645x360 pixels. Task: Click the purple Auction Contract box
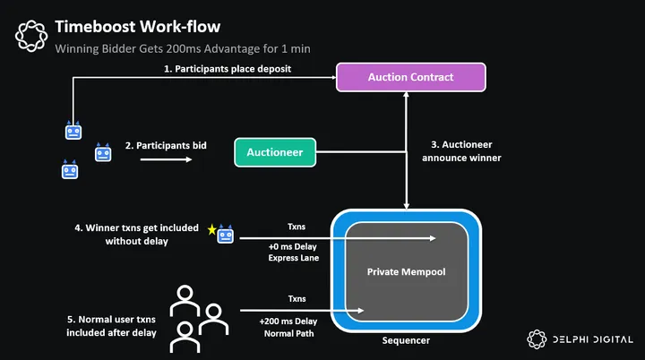(x=410, y=77)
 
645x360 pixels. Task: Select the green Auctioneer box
(x=276, y=152)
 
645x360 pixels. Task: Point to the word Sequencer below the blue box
(x=407, y=341)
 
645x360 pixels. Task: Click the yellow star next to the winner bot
(x=212, y=231)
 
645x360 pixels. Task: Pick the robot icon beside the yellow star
(x=226, y=235)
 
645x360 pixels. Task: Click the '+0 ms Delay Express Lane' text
(x=293, y=251)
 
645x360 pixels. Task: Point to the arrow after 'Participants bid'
(x=167, y=160)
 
